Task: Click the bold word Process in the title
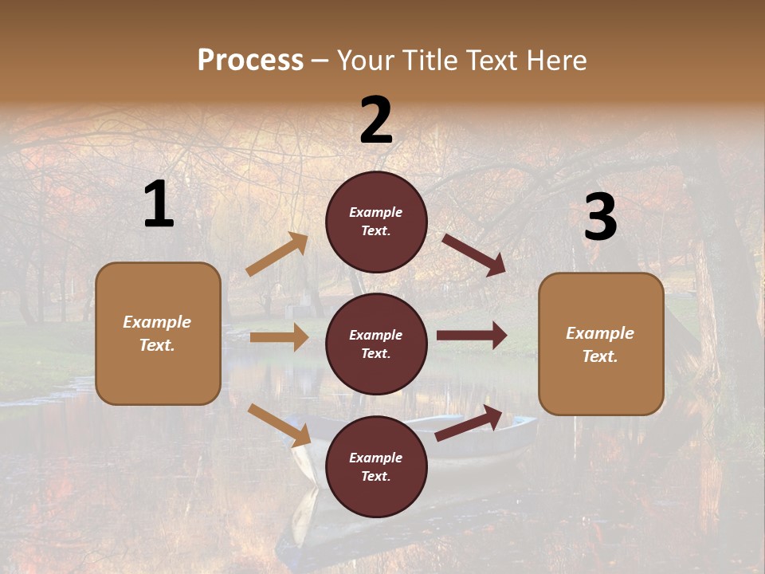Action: coord(250,60)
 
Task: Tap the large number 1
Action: coord(159,205)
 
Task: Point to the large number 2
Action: coord(376,120)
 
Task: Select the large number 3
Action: coord(600,218)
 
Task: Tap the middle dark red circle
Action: coord(376,344)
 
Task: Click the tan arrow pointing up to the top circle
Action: coord(277,254)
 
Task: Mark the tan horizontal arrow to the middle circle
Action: coord(279,337)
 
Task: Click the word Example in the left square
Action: coord(157,322)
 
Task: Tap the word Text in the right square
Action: coord(599,357)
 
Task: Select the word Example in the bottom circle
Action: coord(376,458)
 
